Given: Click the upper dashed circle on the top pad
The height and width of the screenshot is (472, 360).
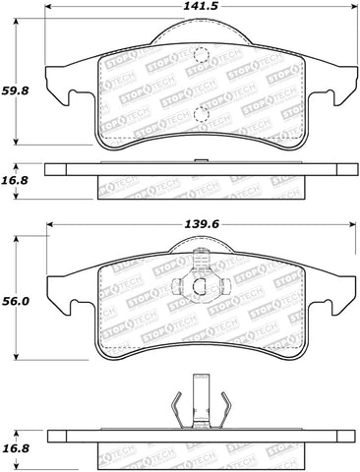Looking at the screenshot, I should tap(201, 56).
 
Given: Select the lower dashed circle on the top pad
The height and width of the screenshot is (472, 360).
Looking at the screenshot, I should tap(201, 115).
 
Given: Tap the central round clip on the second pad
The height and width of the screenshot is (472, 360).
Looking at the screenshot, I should tap(201, 286).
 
